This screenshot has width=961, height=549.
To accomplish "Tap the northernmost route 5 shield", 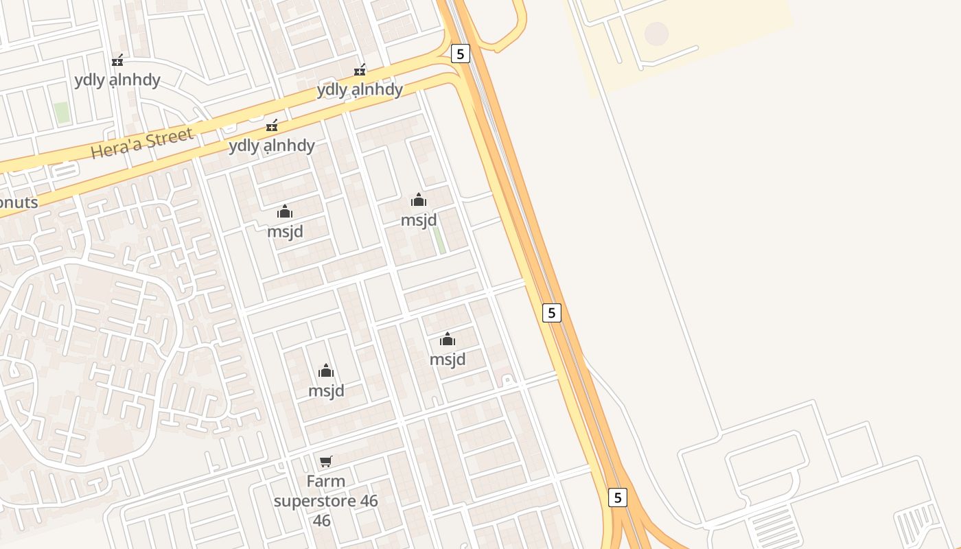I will (x=461, y=54).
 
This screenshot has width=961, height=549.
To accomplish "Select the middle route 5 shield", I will (x=551, y=313).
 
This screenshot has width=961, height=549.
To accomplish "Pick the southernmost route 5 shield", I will (x=618, y=498).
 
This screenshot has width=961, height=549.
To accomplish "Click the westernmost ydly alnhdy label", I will (x=117, y=80).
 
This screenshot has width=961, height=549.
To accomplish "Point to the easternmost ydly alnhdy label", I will (x=360, y=90).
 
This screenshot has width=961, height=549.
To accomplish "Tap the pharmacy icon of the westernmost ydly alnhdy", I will (x=117, y=60).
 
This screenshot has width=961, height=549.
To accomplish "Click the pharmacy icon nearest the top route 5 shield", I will (x=360, y=70).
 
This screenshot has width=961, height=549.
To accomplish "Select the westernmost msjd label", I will (x=285, y=231).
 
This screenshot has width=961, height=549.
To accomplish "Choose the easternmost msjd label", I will (x=448, y=359).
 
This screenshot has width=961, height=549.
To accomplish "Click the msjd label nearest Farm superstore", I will (x=326, y=390).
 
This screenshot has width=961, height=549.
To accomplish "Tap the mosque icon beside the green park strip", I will (x=419, y=200).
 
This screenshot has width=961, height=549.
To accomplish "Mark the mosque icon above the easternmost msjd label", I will (x=448, y=339).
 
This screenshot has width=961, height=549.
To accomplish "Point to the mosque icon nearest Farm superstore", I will (x=326, y=371).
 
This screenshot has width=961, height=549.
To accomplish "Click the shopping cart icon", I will (x=326, y=461).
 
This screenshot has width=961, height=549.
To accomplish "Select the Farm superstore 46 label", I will (x=326, y=500).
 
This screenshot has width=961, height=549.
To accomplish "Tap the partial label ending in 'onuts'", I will (x=19, y=202).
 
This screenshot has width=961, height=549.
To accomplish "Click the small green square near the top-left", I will (x=62, y=113).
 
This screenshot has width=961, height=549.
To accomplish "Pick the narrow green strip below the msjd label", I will (x=439, y=240).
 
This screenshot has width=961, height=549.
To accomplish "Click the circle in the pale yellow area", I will (x=656, y=33).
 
